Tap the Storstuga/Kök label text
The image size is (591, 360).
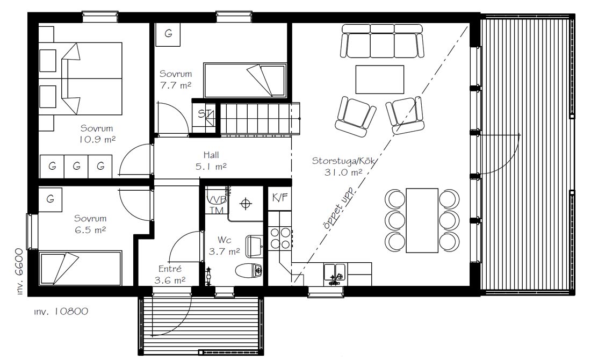click(x=343, y=161)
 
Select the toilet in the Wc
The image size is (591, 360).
click(x=249, y=270)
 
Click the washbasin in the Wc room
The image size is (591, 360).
click(x=255, y=246)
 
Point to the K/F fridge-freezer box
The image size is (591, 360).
click(x=280, y=198)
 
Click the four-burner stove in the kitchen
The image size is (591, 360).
click(x=280, y=238)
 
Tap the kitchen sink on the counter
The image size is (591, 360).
click(x=335, y=272)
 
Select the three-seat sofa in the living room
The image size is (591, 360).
click(x=382, y=41)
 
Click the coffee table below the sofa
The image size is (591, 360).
click(x=379, y=79)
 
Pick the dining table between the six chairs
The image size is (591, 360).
click(x=422, y=220)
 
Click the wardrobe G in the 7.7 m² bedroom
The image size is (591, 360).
click(x=168, y=34)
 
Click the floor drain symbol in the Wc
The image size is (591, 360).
click(x=246, y=204)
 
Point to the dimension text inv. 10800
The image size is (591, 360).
click(x=61, y=311)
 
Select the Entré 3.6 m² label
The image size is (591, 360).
click(x=170, y=275)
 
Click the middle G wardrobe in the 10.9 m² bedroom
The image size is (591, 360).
click(x=76, y=166)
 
